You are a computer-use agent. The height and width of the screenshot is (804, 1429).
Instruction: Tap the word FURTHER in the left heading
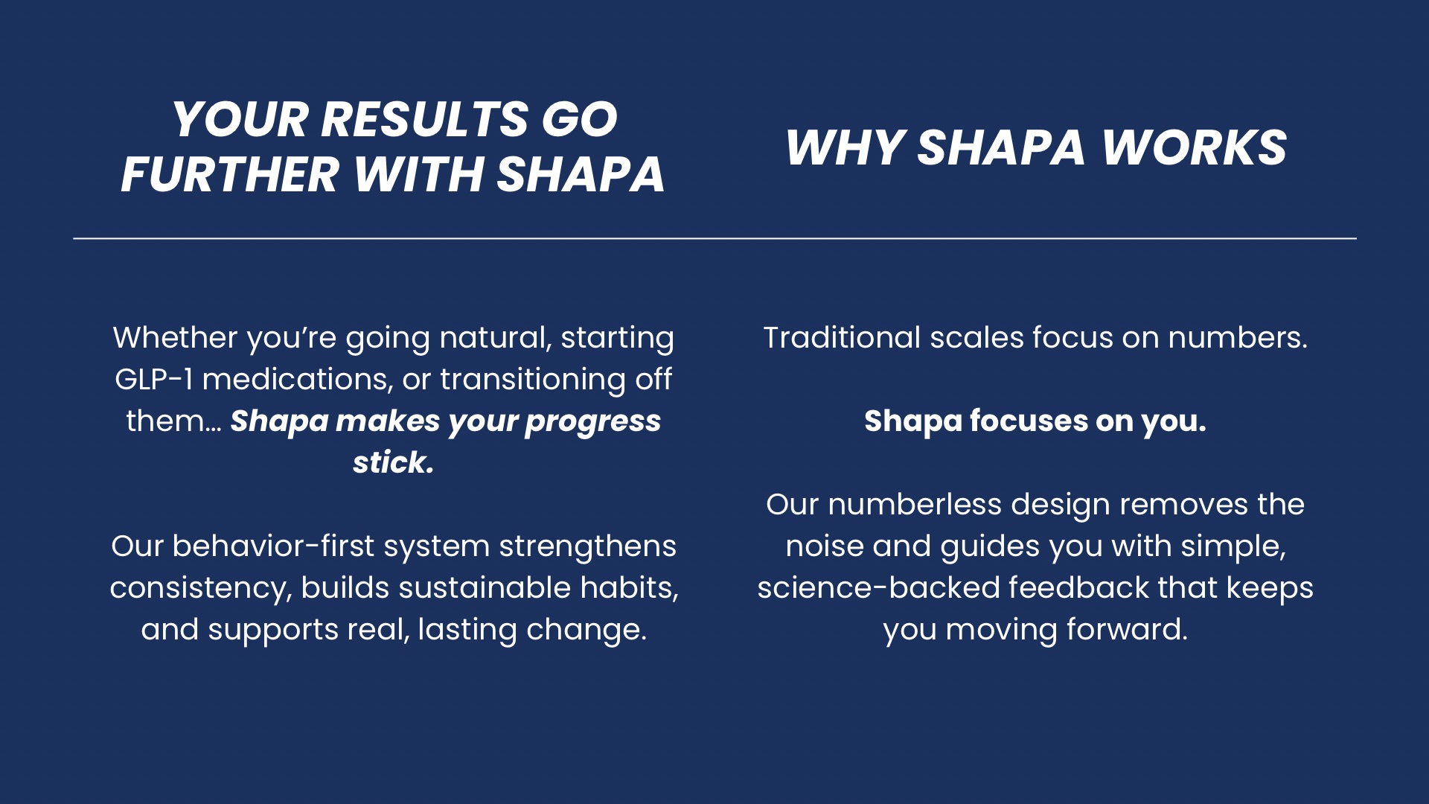click(229, 175)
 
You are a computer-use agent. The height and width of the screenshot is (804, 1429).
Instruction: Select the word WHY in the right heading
click(845, 147)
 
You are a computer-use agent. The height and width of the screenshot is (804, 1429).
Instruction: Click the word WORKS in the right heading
click(1194, 147)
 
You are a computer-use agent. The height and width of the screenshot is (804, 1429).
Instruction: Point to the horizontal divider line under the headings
click(714, 238)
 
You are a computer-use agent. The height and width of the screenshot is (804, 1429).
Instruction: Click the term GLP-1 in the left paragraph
click(153, 380)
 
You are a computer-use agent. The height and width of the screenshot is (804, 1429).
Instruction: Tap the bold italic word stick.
click(393, 462)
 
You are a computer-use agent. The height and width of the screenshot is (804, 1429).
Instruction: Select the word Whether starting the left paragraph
click(175, 338)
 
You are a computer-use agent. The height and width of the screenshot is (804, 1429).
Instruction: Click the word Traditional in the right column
click(841, 338)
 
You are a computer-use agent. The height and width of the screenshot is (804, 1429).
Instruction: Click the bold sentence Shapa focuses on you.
click(1035, 421)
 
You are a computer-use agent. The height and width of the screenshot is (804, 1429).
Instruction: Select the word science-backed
click(878, 588)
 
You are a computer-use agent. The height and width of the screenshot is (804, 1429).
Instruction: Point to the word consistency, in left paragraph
click(200, 588)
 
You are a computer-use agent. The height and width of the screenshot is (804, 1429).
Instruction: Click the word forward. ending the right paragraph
click(1127, 630)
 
